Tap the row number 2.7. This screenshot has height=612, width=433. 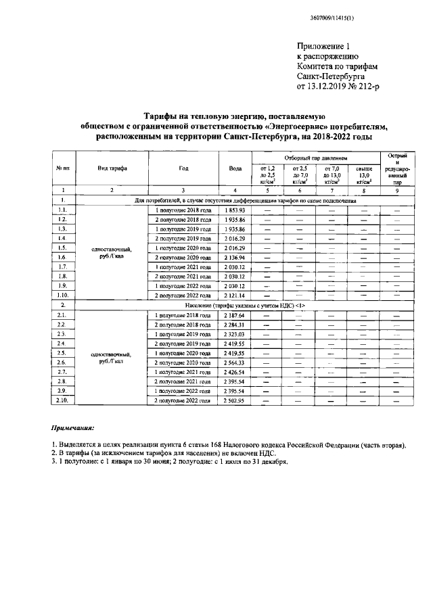[62, 372]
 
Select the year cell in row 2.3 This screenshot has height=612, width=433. [183, 334]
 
